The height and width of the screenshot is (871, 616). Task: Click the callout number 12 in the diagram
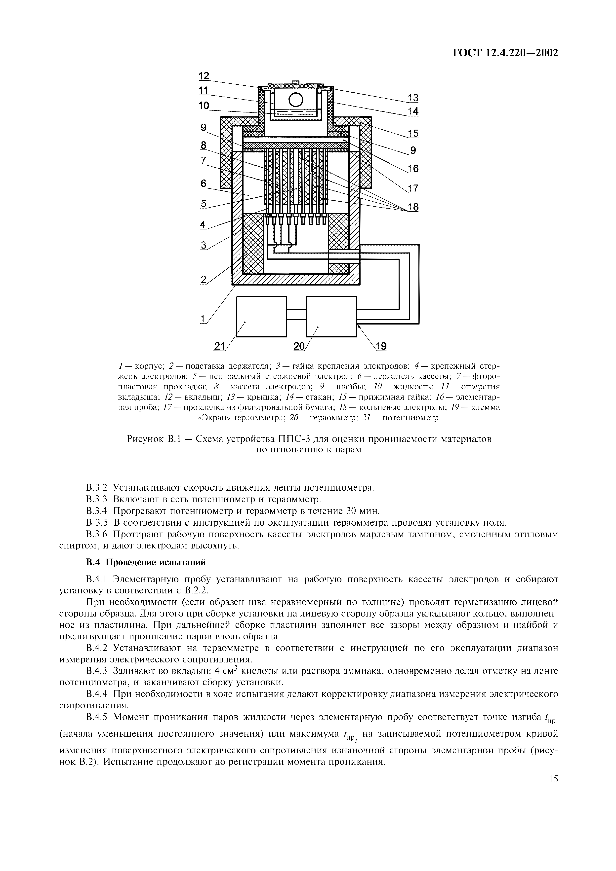click(x=204, y=76)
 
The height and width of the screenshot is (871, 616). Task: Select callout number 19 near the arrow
click(x=381, y=346)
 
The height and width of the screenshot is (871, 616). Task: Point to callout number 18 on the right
click(x=413, y=207)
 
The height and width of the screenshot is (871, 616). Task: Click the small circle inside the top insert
click(x=296, y=100)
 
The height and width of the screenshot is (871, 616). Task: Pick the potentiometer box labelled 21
click(x=261, y=316)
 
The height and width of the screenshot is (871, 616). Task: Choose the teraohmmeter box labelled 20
click(x=331, y=316)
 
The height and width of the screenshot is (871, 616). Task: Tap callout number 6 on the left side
click(x=204, y=183)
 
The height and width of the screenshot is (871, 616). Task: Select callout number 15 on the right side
click(x=413, y=133)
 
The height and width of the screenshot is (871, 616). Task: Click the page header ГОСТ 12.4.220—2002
click(x=506, y=53)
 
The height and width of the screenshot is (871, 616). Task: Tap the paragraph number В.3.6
click(x=97, y=535)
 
